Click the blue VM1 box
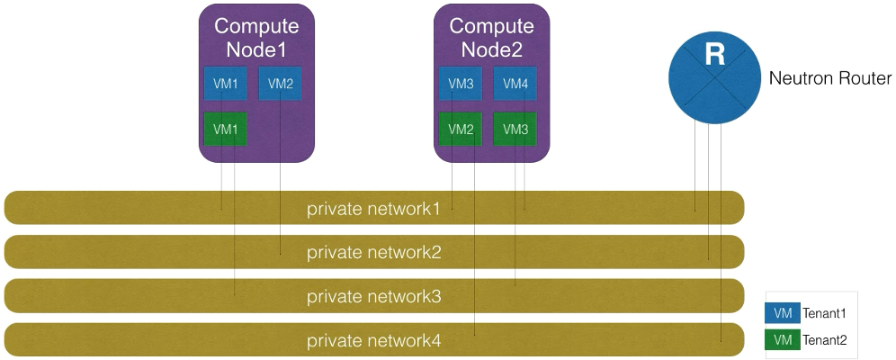[226, 84]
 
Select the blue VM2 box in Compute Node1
[281, 84]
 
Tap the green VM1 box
[226, 129]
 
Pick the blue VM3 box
[461, 84]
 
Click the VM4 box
[515, 84]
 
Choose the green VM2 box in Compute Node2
[461, 129]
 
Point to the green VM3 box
[515, 129]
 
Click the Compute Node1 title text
[256, 37]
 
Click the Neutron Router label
[829, 79]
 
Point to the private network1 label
[373, 209]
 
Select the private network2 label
[373, 252]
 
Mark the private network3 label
[373, 296]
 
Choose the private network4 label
[373, 340]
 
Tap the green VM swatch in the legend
[782, 340]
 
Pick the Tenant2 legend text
[826, 340]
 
